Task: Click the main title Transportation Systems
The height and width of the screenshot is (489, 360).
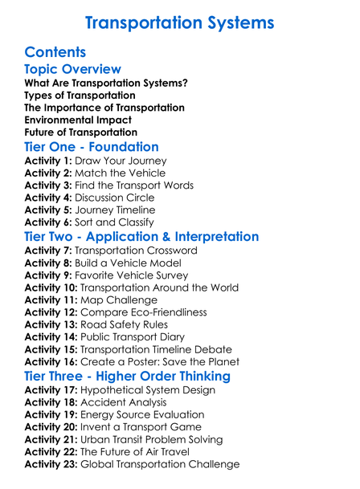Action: pos(179,22)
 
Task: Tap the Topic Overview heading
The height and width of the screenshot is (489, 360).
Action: pos(73,70)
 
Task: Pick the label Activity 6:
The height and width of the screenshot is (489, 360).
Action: pos(49,222)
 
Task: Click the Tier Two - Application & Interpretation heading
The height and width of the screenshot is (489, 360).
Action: pos(141,238)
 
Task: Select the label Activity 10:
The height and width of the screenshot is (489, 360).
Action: pos(52,287)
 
